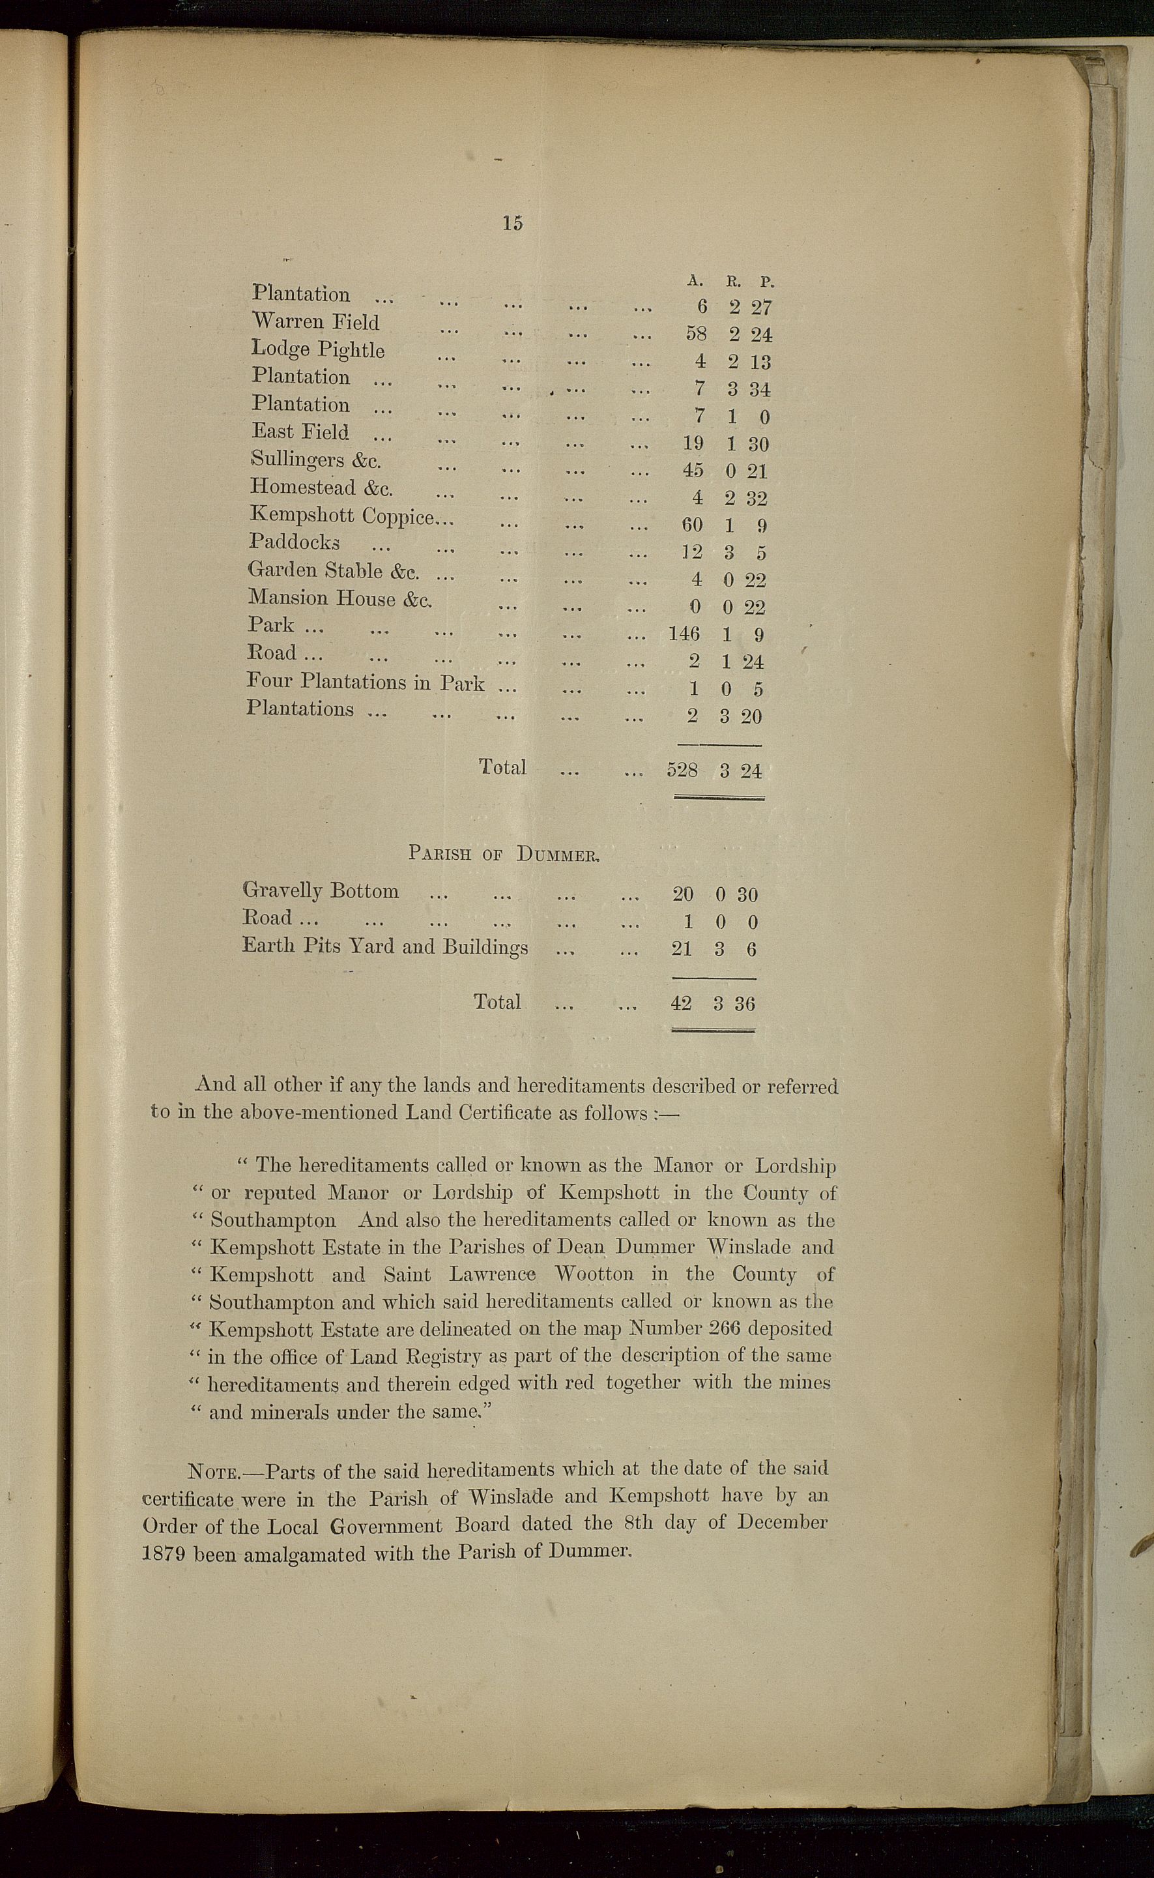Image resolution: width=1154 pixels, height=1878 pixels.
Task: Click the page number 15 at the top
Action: tap(512, 223)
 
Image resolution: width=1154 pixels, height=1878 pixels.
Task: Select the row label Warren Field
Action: tap(315, 321)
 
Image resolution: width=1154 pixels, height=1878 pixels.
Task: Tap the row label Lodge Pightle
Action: tap(317, 349)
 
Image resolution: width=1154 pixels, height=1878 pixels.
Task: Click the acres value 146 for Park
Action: tap(683, 634)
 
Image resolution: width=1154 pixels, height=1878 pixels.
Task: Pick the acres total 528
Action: tap(682, 770)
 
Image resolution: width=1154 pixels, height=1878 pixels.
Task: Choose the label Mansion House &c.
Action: tap(339, 598)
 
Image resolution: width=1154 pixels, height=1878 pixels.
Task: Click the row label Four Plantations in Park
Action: tap(365, 681)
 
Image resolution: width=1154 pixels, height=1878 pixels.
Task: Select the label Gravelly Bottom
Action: tap(321, 891)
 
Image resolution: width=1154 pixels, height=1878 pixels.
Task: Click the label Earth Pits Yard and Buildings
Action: tap(384, 946)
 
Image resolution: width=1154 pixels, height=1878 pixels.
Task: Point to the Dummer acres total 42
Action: tap(681, 1003)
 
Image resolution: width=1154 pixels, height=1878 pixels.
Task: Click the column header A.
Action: tap(695, 280)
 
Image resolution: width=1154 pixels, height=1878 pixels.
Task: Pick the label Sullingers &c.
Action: tap(316, 460)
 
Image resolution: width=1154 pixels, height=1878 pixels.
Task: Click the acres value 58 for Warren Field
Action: tap(696, 334)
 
